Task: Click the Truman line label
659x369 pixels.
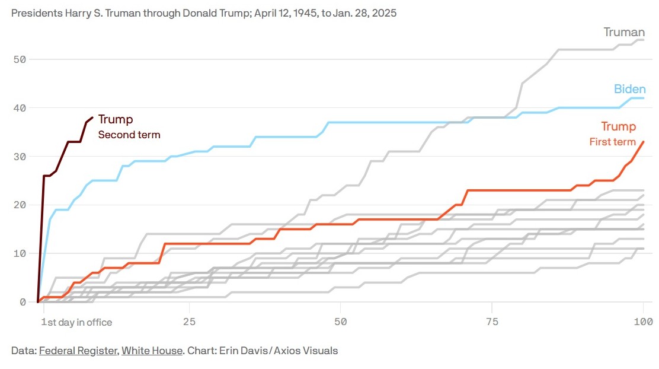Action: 624,33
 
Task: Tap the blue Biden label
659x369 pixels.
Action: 629,90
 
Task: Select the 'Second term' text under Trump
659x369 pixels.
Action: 129,135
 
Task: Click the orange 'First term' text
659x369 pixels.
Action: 612,142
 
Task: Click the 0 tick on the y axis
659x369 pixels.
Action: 23,302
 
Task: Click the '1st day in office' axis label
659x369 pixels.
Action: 76,322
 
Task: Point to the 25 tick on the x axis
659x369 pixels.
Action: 189,322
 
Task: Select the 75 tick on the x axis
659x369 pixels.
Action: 492,322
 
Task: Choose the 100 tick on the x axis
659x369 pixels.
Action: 643,322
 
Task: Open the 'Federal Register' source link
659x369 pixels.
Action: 78,351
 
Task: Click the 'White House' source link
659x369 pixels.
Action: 152,351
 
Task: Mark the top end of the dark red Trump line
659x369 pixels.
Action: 92,117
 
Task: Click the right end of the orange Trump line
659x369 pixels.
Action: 644,142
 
